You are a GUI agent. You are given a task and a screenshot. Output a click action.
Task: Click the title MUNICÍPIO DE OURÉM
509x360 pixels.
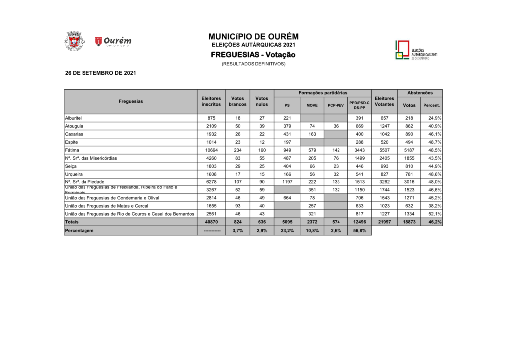pos(254,37)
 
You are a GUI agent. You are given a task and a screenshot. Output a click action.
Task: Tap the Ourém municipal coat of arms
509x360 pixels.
pos(74,41)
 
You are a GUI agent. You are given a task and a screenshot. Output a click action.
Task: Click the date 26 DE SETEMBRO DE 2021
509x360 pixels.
pos(100,73)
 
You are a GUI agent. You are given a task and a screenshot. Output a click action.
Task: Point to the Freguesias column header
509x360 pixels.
pos(131,101)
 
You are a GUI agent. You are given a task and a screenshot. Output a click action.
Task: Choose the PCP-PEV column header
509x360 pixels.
pos(336,105)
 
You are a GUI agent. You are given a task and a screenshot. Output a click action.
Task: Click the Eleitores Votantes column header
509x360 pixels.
pos(384,101)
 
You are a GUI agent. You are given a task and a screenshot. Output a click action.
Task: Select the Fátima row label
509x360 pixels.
pos(73,150)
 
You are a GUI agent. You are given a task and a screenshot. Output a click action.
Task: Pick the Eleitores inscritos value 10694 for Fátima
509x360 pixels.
pos(211,150)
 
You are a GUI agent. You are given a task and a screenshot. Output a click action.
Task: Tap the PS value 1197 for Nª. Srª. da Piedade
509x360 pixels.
pos(287,182)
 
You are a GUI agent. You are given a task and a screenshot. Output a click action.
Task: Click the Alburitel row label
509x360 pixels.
pos(75,118)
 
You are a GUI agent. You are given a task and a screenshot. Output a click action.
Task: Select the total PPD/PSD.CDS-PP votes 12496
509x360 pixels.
pos(359,222)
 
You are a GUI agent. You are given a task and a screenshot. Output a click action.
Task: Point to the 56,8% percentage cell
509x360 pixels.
pos(359,231)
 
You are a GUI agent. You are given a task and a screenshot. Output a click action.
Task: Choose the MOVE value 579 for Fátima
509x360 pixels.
pos(312,150)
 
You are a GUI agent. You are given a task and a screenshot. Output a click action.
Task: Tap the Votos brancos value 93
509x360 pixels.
pos(237,206)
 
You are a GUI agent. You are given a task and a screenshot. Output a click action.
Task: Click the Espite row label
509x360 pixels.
pos(72,142)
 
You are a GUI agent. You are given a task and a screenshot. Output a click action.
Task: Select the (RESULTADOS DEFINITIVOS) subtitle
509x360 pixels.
pos(254,64)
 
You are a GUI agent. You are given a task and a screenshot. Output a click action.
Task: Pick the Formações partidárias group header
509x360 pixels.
pos(323,93)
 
